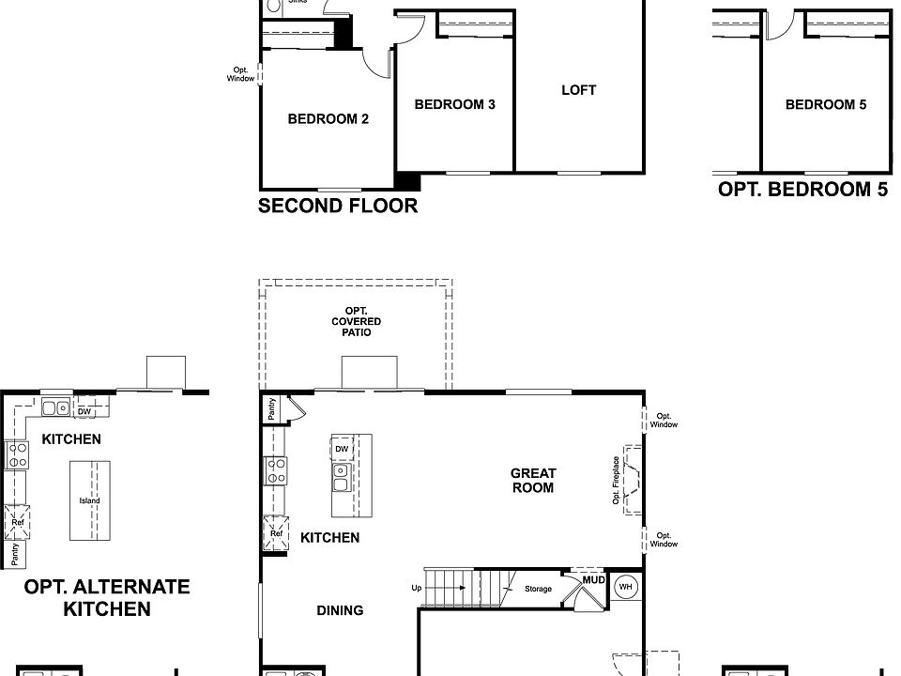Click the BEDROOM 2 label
[328, 119]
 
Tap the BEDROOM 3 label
[454, 104]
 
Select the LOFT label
[578, 90]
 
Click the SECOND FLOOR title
[338, 206]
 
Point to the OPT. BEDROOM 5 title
[802, 189]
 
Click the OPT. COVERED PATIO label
[356, 321]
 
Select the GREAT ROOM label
[532, 481]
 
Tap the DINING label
[340, 610]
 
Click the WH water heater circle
[625, 588]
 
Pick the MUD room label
[593, 580]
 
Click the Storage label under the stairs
[538, 590]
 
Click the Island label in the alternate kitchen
[89, 500]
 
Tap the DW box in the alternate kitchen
[84, 411]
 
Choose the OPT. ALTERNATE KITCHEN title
[106, 598]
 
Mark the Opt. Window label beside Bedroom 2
[240, 74]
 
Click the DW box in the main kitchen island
[342, 449]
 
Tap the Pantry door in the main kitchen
[294, 407]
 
